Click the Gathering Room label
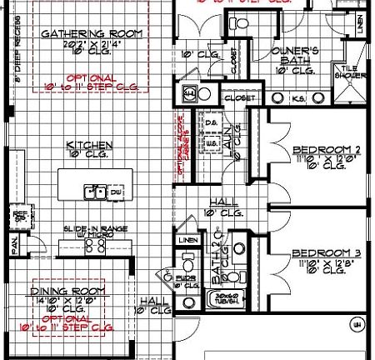pyautogui.click(x=92, y=34)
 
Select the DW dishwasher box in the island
pyautogui.click(x=116, y=192)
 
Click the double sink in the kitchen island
pyautogui.click(x=95, y=192)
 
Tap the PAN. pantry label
pyautogui.click(x=14, y=246)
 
